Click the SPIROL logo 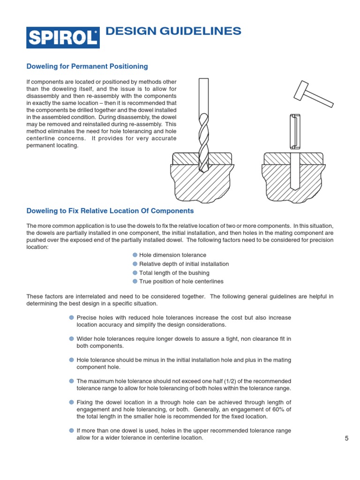click(x=63, y=36)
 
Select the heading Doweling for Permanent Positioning click(x=87, y=67)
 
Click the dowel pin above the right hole click(x=295, y=132)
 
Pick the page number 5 click(x=347, y=438)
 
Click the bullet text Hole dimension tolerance click(x=173, y=255)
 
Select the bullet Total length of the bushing click(x=174, y=273)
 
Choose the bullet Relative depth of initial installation click(x=184, y=264)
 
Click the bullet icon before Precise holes click(x=71, y=318)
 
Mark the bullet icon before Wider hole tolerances click(x=71, y=339)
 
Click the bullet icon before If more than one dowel click(x=71, y=431)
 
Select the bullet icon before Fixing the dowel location click(x=71, y=403)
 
